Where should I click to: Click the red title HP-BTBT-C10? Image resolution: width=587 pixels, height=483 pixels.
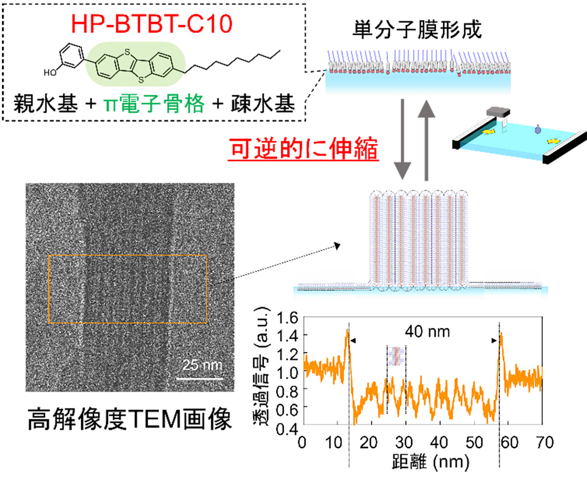pos(152,24)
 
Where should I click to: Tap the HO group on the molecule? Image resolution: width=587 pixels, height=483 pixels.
pos(50,72)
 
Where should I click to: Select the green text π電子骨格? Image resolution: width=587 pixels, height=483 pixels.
pos(154,103)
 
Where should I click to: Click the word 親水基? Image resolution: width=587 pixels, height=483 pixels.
pos(45,103)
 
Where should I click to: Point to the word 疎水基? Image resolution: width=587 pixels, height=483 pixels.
pos(263,103)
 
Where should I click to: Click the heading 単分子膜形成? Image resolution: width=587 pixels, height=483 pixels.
pos(417,29)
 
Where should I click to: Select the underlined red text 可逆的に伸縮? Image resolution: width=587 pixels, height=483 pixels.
pos(303,148)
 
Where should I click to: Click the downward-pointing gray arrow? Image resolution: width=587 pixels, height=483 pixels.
pos(402,139)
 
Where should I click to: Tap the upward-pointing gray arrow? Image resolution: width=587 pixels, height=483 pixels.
pos(426,140)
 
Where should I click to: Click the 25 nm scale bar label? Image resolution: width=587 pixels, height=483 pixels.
pos(203,365)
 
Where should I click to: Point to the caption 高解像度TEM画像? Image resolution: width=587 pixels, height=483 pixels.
pos(130,419)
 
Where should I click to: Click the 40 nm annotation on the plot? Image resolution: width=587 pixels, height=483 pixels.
pos(427,332)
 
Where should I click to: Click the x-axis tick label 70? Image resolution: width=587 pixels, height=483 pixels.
pos(544,442)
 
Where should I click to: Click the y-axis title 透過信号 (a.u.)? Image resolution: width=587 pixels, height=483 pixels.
pos(261,367)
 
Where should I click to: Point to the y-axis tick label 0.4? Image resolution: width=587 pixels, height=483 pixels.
pos(287,429)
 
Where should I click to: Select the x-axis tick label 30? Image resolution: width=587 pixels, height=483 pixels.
pos(404,442)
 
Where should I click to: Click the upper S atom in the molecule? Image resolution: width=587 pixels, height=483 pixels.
pos(127,52)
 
